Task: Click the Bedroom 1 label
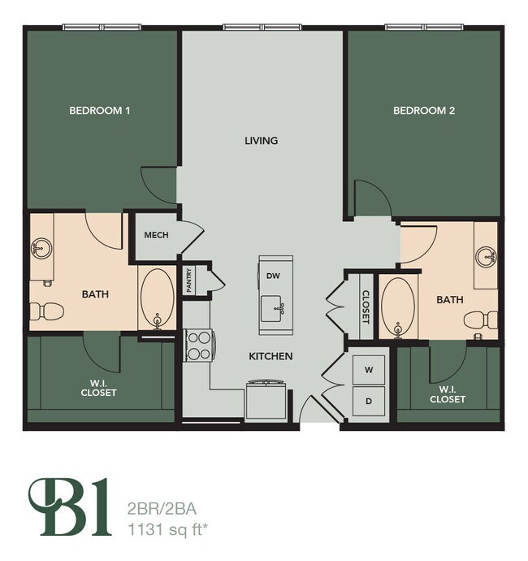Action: [x=100, y=111]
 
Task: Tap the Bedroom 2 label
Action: [x=424, y=111]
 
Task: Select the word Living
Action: [x=262, y=141]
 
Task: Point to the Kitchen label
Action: [x=271, y=356]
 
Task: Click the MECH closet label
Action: [x=156, y=235]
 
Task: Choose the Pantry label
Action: [x=188, y=280]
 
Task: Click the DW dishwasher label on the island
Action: [x=273, y=276]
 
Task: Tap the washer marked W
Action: [x=368, y=370]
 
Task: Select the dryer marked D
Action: [x=368, y=401]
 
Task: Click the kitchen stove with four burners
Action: [x=198, y=345]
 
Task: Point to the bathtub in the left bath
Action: [x=156, y=298]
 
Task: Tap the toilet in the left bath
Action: [x=47, y=311]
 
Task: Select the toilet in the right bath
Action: [x=480, y=322]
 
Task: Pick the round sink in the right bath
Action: [x=487, y=258]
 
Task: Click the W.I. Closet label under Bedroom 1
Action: [x=99, y=388]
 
